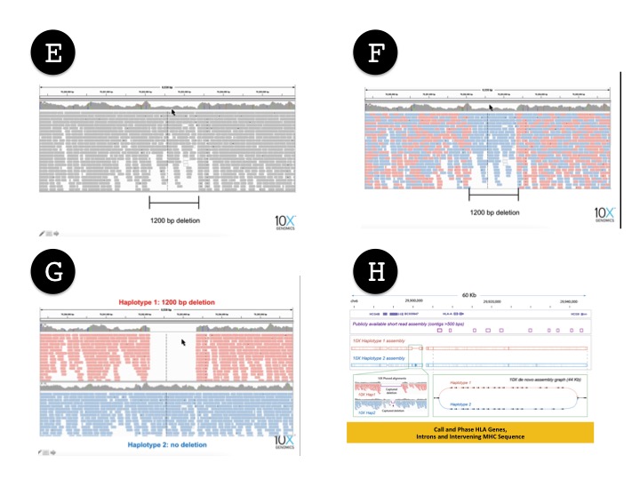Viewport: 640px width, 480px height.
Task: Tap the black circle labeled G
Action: click(53, 272)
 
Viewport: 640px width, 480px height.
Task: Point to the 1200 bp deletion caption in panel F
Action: click(494, 212)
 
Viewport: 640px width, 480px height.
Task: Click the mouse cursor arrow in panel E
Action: click(174, 112)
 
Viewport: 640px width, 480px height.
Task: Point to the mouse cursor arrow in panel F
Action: click(491, 108)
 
